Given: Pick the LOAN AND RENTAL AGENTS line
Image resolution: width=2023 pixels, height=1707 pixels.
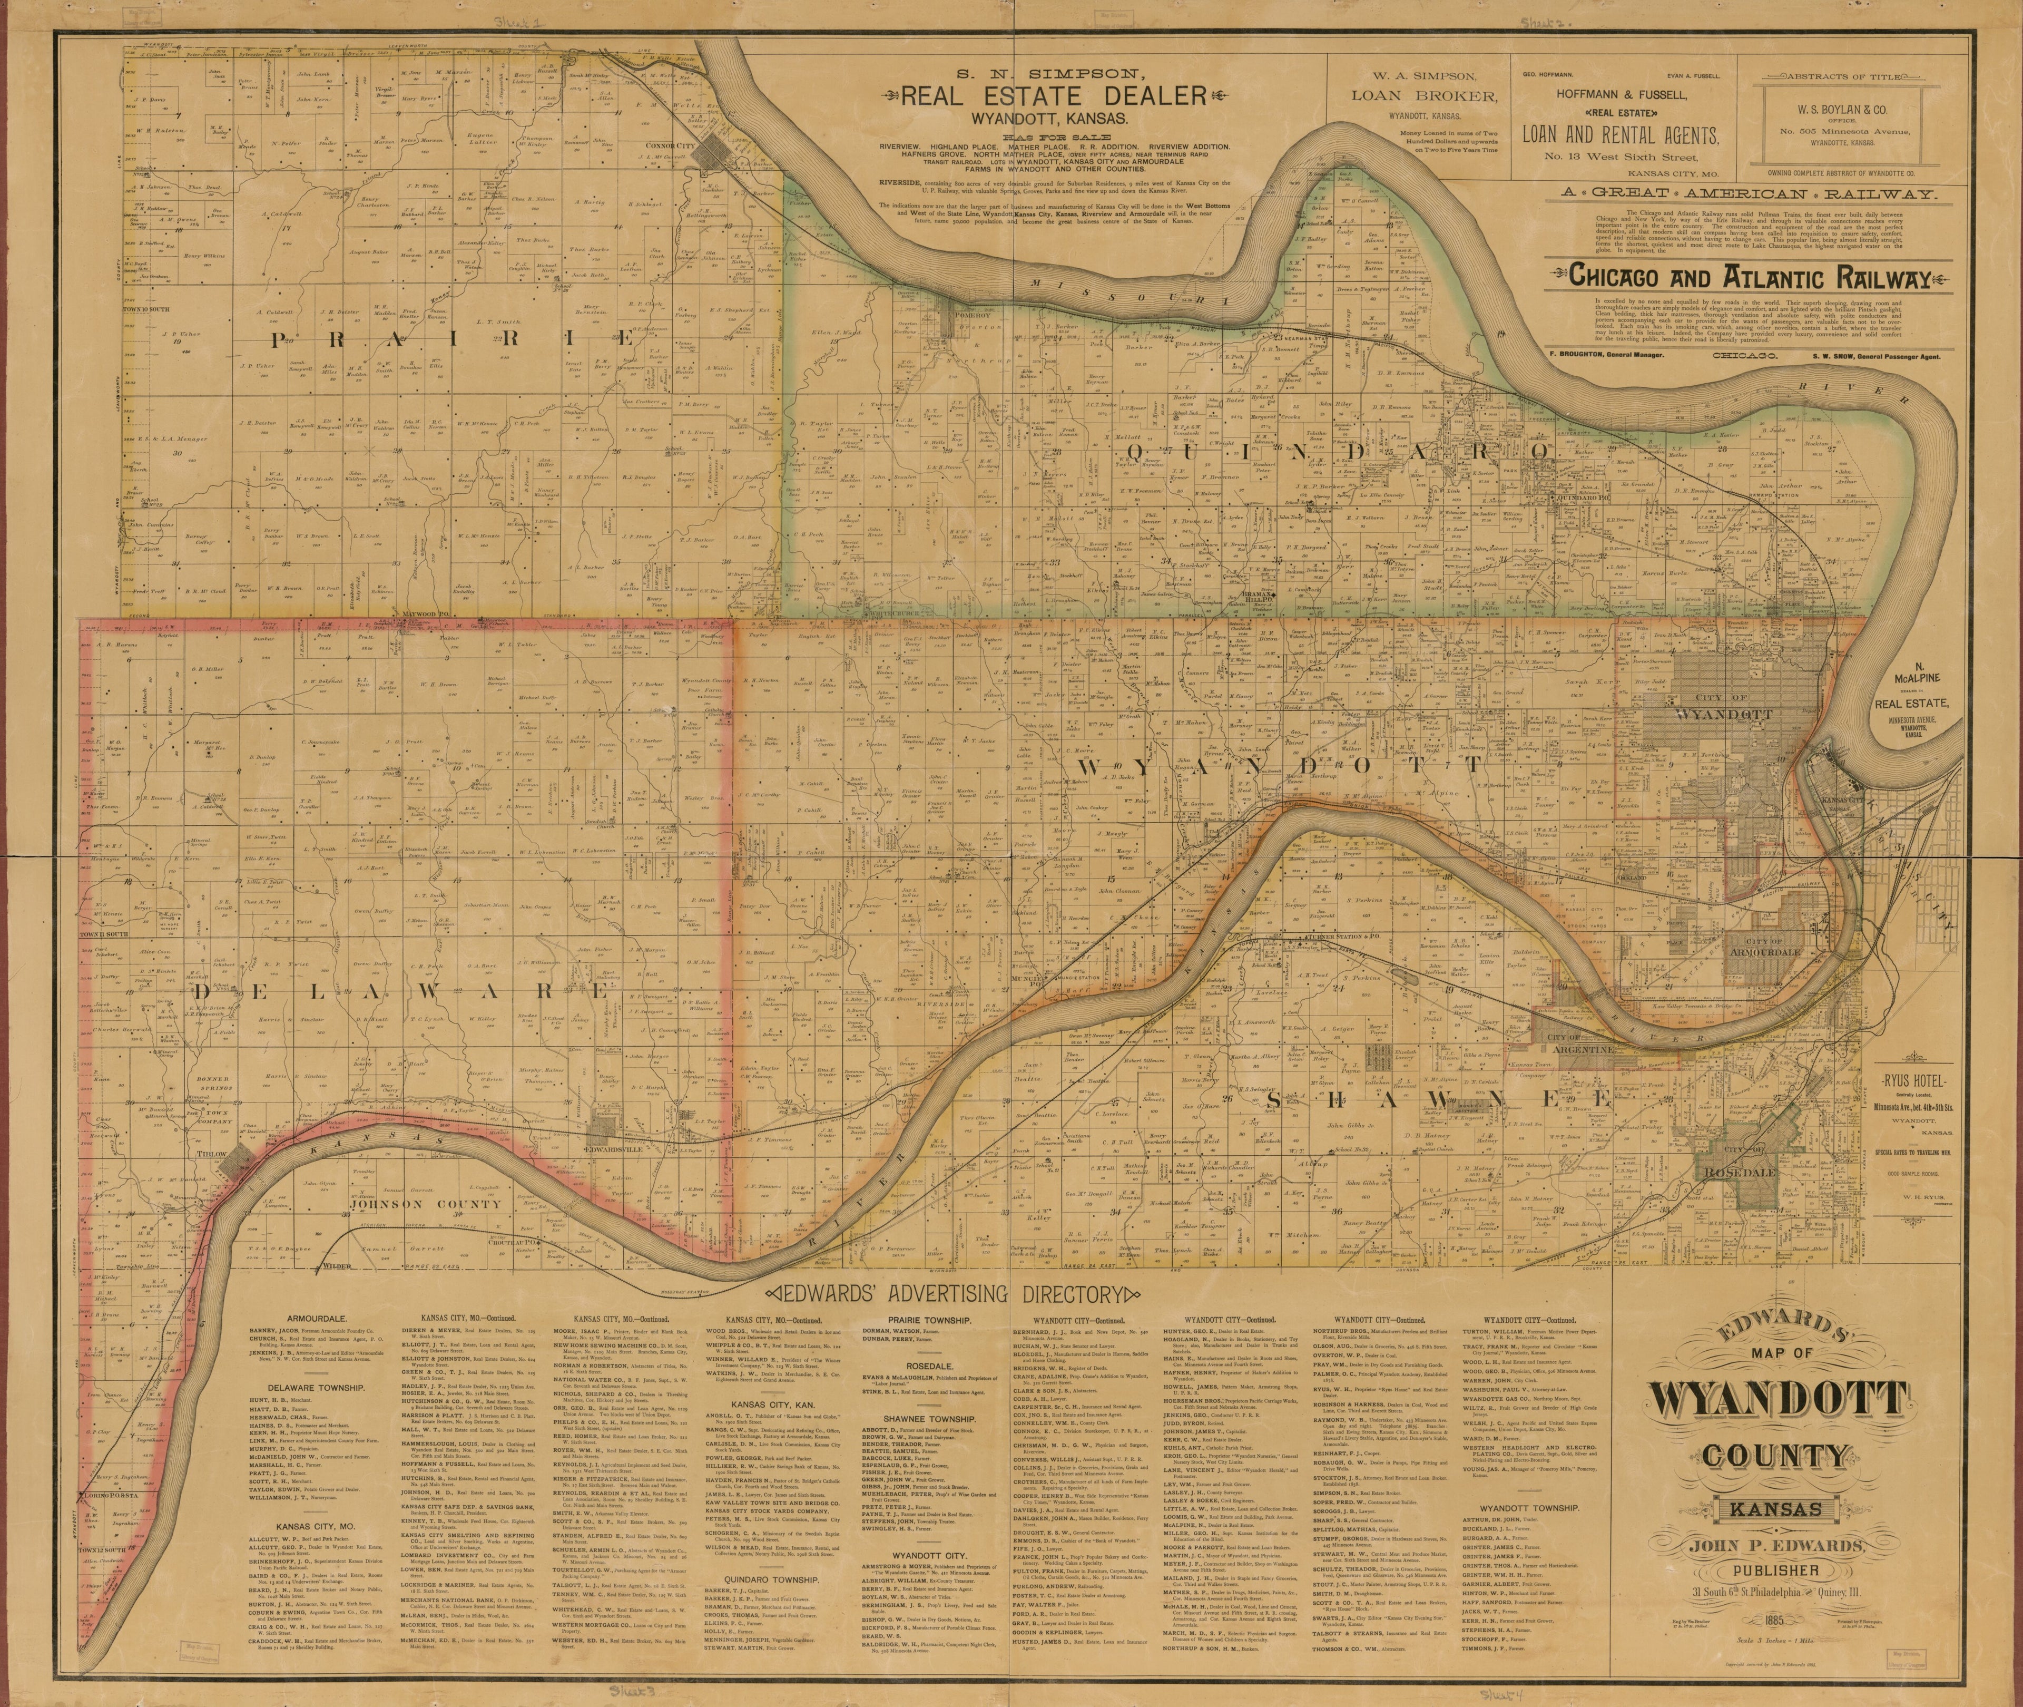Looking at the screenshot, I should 1621,135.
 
